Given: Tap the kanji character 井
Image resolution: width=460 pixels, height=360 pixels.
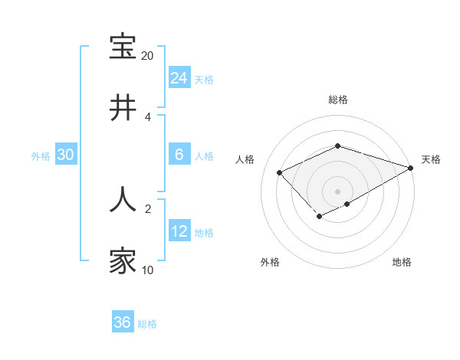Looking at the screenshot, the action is click(123, 108).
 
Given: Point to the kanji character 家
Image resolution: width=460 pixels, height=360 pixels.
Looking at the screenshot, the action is click(123, 260).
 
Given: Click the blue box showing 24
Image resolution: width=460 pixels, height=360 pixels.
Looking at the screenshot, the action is click(179, 77).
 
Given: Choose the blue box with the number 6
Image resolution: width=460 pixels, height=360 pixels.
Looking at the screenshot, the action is click(179, 155).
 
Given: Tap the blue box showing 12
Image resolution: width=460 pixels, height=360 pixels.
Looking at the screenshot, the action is click(179, 231).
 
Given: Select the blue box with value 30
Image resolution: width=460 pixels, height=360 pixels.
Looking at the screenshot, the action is click(65, 155).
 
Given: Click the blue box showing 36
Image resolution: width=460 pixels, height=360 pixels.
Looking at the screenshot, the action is click(122, 322).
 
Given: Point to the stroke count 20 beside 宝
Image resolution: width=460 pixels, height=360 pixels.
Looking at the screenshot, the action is click(147, 56).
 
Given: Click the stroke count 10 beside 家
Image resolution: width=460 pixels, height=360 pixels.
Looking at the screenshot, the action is click(147, 270).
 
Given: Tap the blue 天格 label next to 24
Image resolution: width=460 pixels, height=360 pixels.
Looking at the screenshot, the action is click(204, 79).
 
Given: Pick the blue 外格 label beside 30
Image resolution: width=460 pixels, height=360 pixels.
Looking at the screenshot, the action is click(41, 156).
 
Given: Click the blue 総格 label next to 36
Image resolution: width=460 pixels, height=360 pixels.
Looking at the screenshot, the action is click(147, 324).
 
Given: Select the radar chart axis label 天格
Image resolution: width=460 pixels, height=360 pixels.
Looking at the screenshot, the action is click(431, 159).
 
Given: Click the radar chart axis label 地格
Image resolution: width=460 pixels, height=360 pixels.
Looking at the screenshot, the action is click(402, 262).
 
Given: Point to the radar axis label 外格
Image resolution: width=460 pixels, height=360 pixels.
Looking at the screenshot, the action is click(270, 262).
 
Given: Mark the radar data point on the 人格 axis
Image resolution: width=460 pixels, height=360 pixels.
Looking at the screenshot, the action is click(280, 172).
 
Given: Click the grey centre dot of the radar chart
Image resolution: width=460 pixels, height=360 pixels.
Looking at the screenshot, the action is click(337, 191).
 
